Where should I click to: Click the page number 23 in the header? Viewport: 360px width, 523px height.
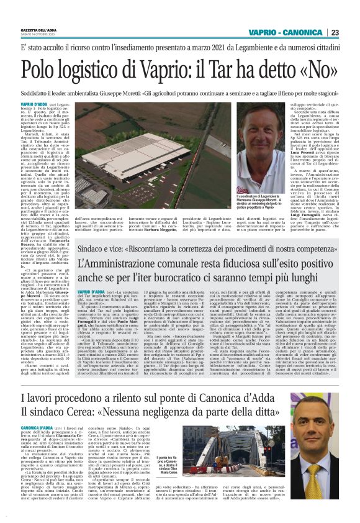tap(335, 32)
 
